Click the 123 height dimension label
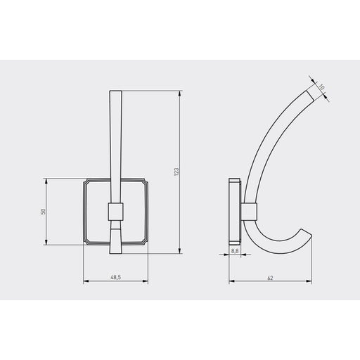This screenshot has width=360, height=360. point(176,172)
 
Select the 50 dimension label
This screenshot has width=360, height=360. point(43,212)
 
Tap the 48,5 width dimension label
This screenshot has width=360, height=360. point(115,277)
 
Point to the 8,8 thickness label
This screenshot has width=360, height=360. point(235,251)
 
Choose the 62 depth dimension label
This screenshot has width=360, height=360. point(270,278)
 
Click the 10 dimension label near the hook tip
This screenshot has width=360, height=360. point(321,87)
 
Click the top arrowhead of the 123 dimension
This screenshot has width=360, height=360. point(179,93)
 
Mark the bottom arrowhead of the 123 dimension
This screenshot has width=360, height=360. point(179,251)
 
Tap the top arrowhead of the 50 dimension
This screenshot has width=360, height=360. point(46,181)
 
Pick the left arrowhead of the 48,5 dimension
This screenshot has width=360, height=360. point(86,281)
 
